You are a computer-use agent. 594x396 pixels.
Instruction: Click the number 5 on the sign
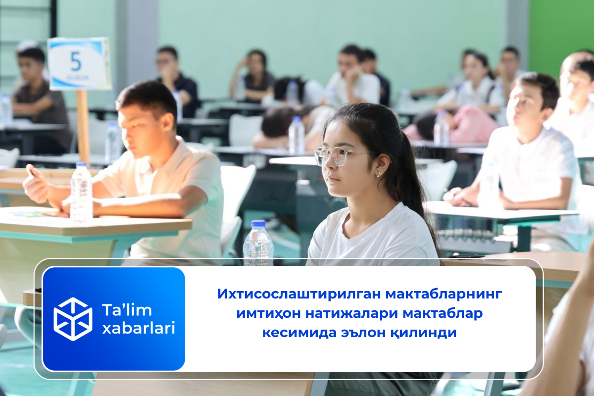[x=76, y=62]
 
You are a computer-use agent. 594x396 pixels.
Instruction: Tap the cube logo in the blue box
[x=73, y=319]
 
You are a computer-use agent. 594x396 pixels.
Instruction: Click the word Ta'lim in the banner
[x=127, y=310]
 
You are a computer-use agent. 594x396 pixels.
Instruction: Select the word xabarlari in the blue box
[x=139, y=328]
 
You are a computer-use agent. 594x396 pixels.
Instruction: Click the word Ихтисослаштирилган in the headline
[x=298, y=294]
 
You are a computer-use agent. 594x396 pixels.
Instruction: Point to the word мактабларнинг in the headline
[x=444, y=294]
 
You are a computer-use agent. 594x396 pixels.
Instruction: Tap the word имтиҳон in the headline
[x=268, y=313]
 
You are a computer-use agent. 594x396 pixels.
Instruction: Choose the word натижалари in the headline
[x=351, y=313]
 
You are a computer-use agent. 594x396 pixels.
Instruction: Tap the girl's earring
[x=379, y=175]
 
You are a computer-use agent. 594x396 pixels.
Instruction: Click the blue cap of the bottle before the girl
[x=258, y=224]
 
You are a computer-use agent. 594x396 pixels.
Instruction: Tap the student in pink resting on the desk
[x=451, y=125]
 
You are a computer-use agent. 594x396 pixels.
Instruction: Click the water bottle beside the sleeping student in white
[x=296, y=135]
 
